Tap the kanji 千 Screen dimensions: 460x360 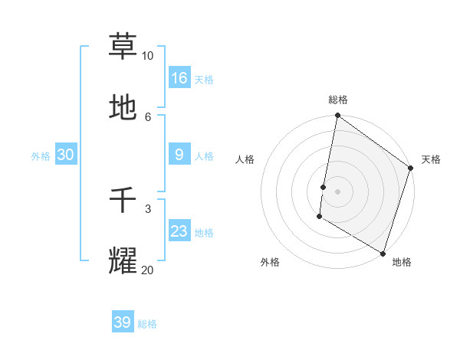tap(123, 201)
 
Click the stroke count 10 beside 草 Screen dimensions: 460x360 tap(147, 56)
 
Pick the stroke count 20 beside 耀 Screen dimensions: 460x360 tap(147, 270)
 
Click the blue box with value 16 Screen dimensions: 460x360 tap(179, 77)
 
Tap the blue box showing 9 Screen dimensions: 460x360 tap(179, 155)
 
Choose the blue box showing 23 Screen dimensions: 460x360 tap(179, 231)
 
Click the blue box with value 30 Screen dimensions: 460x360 tap(66, 155)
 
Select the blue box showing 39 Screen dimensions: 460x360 tap(123, 322)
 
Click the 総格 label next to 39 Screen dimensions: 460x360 tap(147, 324)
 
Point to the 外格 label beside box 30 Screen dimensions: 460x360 tap(41, 156)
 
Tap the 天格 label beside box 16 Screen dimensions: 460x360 tap(204, 79)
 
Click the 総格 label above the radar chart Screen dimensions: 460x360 tap(338, 100)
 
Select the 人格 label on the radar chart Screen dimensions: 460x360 tap(245, 159)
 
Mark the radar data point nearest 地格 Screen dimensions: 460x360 tap(383, 253)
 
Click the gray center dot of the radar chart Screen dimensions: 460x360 tap(338, 191)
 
